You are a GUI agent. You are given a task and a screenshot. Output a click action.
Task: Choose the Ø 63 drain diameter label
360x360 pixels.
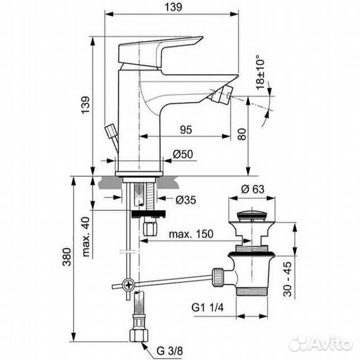click(253, 189)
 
